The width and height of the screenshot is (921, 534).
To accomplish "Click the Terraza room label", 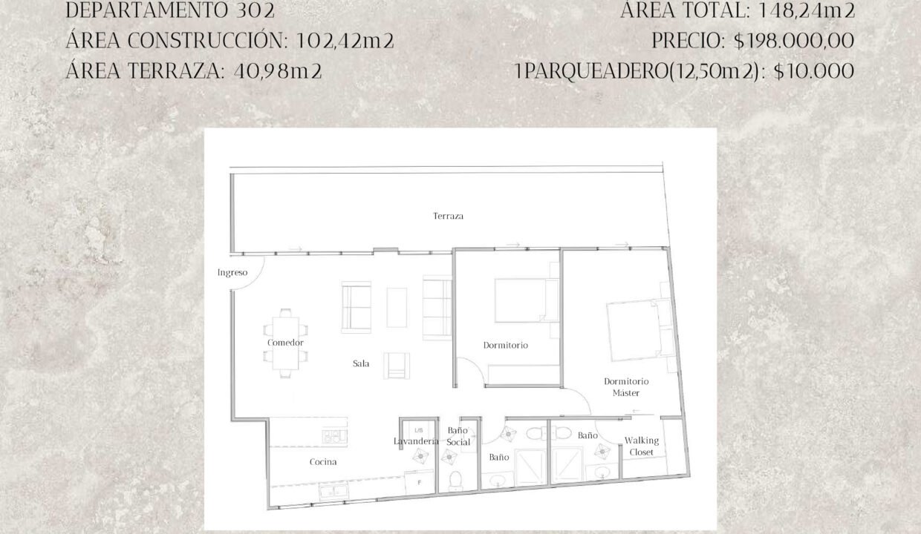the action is coord(448,216).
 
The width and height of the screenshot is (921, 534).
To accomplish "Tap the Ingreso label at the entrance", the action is coord(232,272).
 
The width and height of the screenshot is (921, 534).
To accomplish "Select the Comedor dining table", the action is coord(285,343).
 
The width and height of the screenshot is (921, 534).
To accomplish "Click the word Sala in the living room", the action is coord(361,363).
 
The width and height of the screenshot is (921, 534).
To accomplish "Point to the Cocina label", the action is coord(323,462).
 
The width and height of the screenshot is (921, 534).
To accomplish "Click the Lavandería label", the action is coord(416,441).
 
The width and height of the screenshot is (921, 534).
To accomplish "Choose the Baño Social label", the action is coord(458,436).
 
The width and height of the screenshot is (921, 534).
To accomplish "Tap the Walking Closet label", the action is coord(642,446).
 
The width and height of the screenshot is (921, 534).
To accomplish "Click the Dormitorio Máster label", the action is coord(626,387).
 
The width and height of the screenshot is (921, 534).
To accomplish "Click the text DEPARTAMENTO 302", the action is coord(170,10).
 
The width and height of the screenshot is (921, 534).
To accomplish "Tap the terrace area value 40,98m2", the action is coord(278,71).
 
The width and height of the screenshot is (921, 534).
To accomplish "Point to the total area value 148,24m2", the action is coord(807,10).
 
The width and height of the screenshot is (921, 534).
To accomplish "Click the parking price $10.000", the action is coord(814,71).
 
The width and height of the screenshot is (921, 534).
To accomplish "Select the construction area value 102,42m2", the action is coord(345,41).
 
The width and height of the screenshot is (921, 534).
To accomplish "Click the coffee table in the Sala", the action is coord(397,308).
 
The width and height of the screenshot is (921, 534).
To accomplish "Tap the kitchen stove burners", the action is coord(335,436).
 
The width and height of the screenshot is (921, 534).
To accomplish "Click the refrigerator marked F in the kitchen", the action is coord(419,483).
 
